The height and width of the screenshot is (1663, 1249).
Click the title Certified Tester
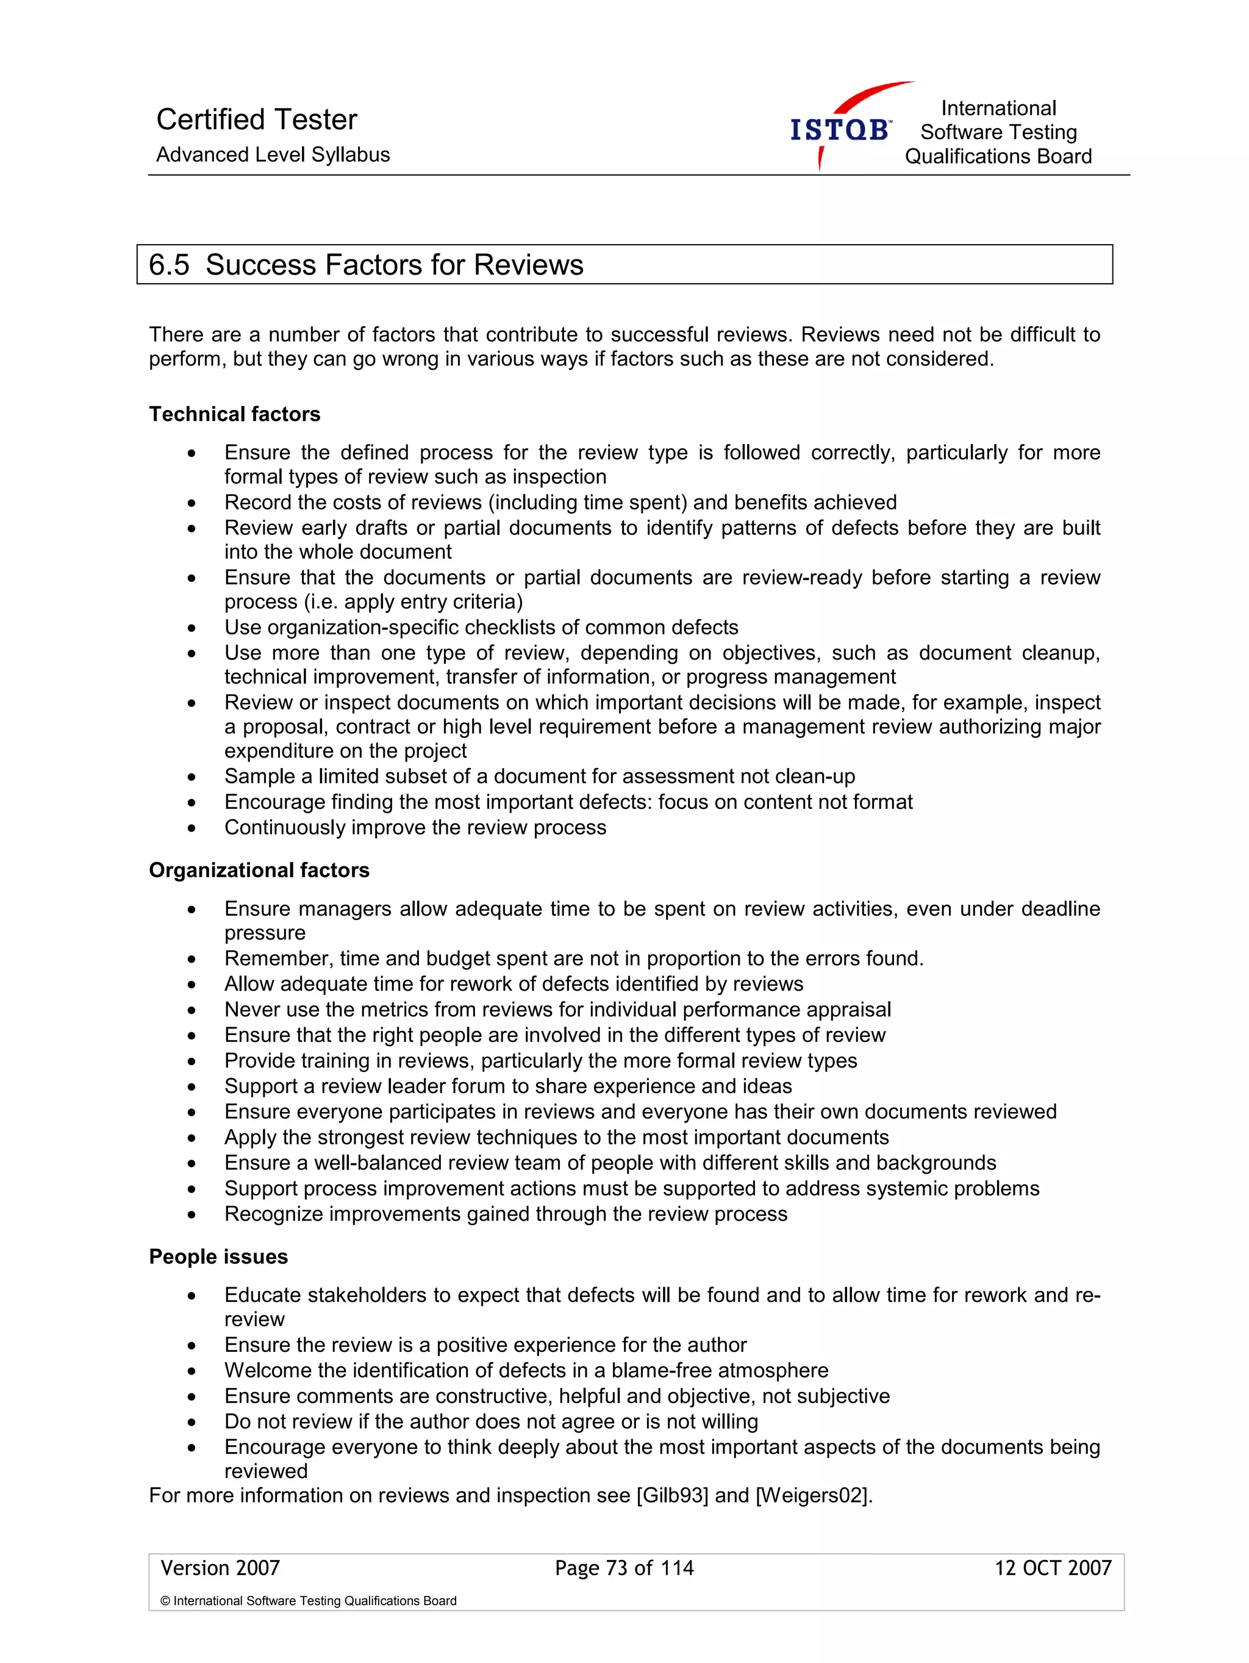tap(256, 120)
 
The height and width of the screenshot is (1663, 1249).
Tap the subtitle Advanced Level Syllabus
tap(273, 155)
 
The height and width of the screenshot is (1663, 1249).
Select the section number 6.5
tap(169, 265)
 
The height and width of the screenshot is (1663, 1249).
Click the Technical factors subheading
tap(234, 414)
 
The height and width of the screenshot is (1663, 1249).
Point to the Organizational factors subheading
tap(259, 870)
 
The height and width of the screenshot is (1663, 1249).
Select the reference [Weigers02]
tap(813, 1495)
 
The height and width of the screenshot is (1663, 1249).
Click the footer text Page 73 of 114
tap(624, 1568)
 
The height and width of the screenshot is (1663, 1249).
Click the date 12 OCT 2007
tap(1052, 1568)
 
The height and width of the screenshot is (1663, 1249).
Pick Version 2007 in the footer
tap(220, 1568)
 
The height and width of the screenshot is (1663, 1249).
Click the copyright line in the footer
tap(308, 1601)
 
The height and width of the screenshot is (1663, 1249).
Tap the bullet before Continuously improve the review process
tap(192, 828)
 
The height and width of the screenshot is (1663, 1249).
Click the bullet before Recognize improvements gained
tap(192, 1215)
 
